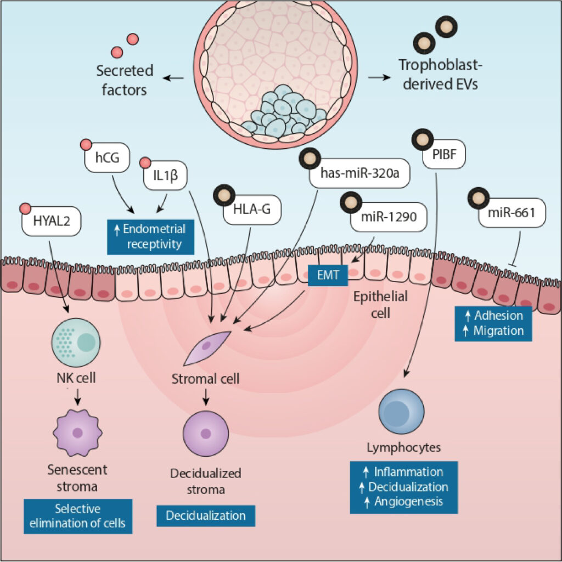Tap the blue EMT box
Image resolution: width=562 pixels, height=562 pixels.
tap(328, 277)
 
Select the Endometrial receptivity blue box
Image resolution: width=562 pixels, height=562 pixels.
tap(151, 236)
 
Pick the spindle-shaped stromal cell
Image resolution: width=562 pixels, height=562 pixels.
tap(207, 348)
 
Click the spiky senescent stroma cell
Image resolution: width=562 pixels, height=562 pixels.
tap(77, 432)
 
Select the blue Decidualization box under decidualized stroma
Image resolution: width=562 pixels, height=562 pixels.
tap(206, 515)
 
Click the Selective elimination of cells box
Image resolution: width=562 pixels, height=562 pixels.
tap(77, 515)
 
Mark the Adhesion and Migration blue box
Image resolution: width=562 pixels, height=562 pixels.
tap(493, 323)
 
